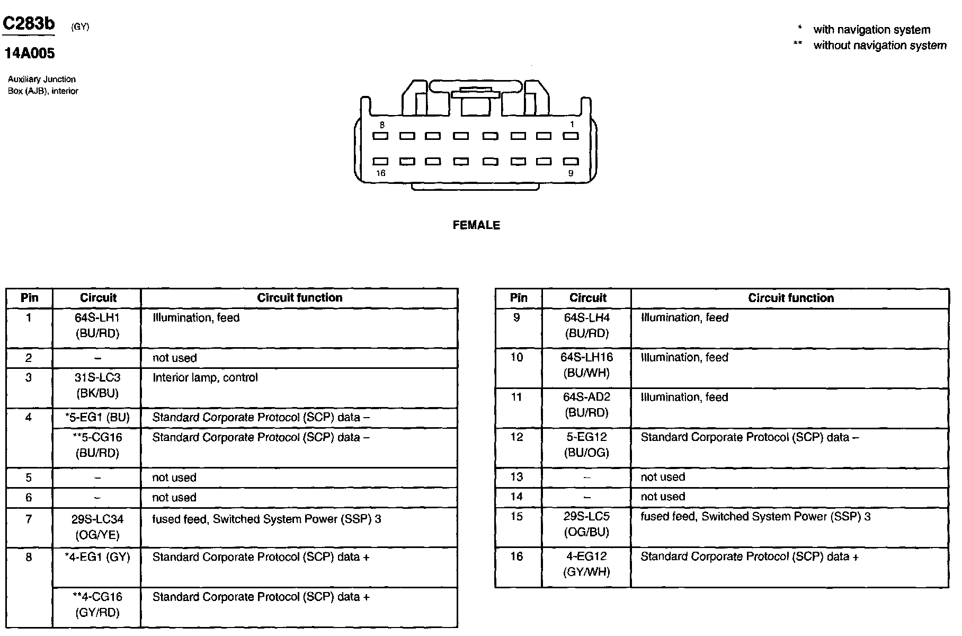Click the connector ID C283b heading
coord(29,24)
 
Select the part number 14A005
coord(29,53)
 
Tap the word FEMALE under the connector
coord(476,225)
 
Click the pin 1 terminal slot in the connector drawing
coord(570,136)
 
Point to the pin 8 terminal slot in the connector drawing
coord(380,136)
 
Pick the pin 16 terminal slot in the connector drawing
coord(380,161)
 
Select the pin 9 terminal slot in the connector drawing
coord(570,161)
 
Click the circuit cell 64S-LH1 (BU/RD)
coord(97,325)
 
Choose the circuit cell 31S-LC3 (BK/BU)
coord(97,385)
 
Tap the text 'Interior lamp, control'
coord(205,378)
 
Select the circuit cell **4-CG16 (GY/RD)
coord(97,605)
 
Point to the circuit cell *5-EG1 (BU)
coord(97,418)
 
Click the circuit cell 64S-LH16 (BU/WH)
coord(586,365)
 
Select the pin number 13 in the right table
coord(516,477)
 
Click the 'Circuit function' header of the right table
coord(790,298)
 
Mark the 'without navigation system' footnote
coord(879,46)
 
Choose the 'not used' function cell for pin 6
coord(174,498)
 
